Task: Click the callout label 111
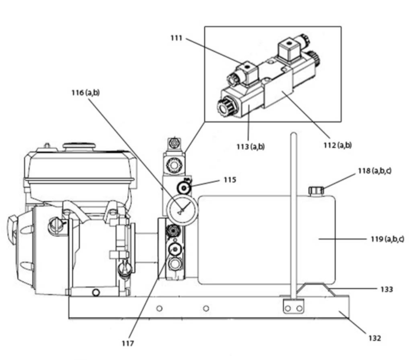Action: (176, 38)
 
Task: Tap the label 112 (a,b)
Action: (338, 145)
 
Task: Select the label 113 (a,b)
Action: (250, 147)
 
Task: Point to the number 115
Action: (230, 180)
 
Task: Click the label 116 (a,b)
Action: (86, 93)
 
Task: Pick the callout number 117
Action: (128, 344)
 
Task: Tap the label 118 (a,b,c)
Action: (374, 171)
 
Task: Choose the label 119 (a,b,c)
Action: (387, 239)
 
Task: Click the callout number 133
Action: (387, 289)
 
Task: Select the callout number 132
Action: (374, 338)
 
